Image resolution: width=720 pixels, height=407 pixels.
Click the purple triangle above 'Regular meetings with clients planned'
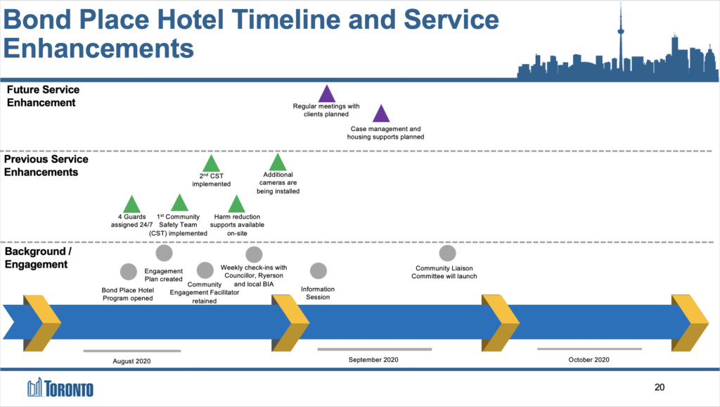326,94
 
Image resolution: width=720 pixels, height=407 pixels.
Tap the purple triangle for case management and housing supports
380,114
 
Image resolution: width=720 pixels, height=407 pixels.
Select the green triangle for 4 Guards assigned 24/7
131,204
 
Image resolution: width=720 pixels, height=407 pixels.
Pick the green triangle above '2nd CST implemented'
211,165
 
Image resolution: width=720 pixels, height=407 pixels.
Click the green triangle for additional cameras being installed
278,163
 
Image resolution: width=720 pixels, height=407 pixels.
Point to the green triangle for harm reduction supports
236,204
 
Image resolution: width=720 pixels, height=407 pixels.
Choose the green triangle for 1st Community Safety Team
179,204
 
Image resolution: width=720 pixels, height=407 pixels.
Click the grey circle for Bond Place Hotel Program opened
129,271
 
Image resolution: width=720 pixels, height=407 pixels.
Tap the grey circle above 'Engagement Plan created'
164,253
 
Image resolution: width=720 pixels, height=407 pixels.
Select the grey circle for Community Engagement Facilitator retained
205,270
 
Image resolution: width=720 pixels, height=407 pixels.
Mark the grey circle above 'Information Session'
319,270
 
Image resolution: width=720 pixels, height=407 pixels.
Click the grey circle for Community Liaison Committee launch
447,253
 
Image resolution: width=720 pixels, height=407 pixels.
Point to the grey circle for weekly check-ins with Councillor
254,254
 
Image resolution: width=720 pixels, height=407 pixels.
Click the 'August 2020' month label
132,361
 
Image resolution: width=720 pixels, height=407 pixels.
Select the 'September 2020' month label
373,360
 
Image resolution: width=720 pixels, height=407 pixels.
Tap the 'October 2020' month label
589,360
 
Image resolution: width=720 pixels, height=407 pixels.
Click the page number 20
659,387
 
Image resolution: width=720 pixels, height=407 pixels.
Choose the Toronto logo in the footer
60,388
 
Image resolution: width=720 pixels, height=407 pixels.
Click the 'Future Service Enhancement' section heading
41,96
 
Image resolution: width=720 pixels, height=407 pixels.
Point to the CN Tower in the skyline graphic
621,35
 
